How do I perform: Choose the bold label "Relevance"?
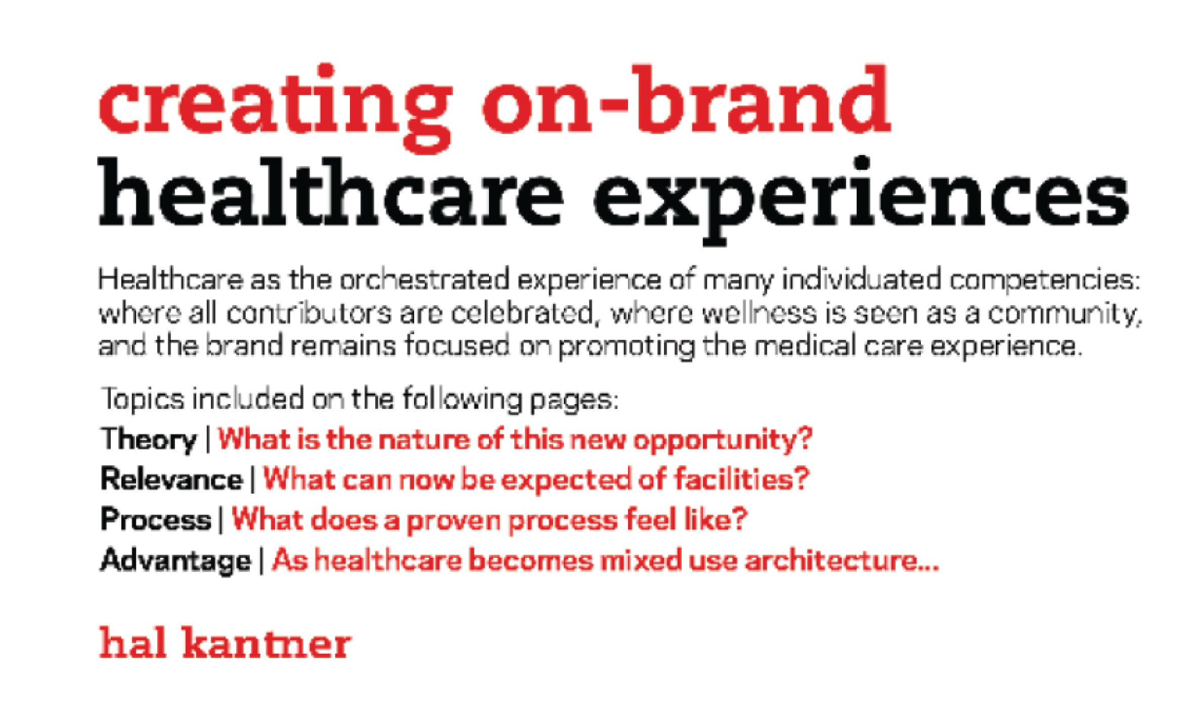[172, 479]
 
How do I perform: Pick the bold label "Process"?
[156, 519]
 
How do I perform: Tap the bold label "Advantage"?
[175, 561]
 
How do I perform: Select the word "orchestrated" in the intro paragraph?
[424, 280]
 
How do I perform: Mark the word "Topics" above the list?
[143, 400]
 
